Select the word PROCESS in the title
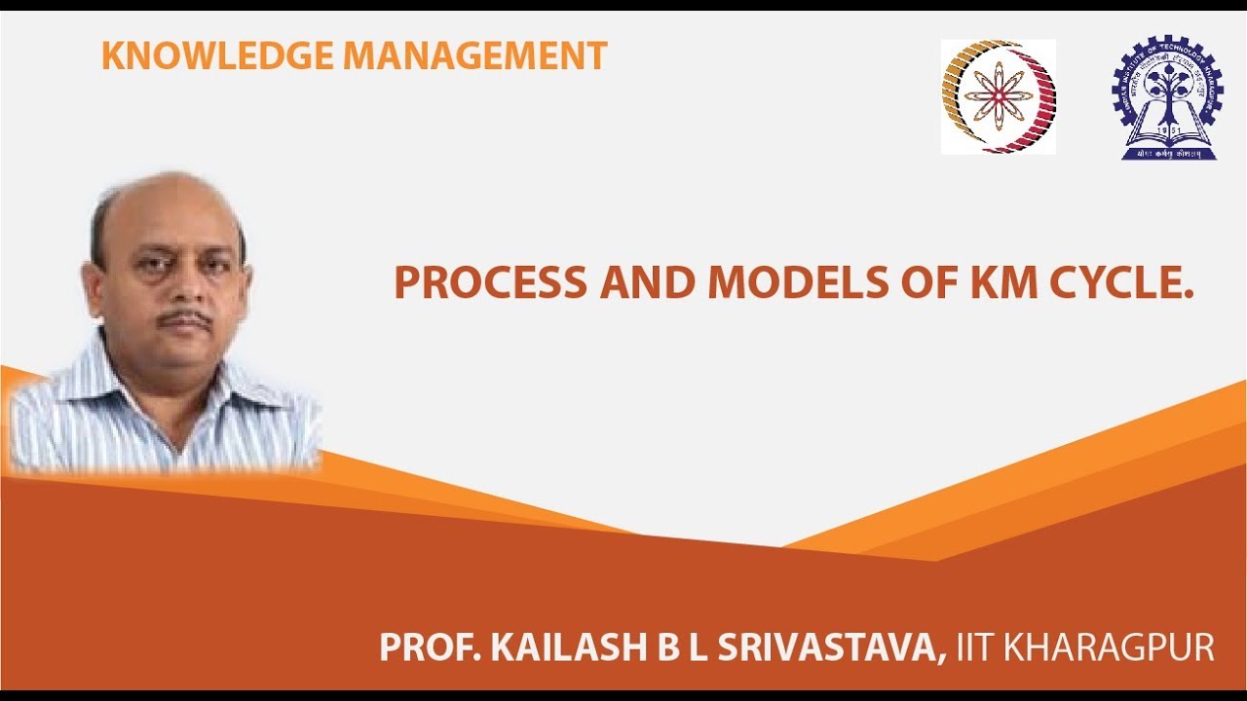pos(490,282)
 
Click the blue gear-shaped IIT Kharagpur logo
pos(1167,98)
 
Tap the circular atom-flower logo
pos(999,96)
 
